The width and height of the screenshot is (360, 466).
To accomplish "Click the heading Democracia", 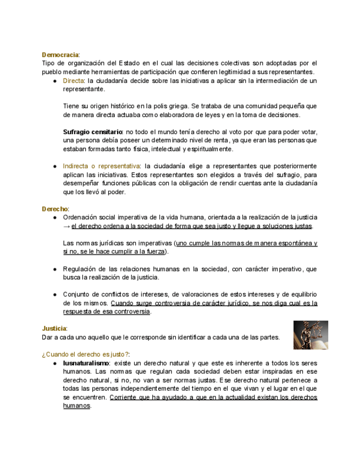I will pyautogui.click(x=60, y=55).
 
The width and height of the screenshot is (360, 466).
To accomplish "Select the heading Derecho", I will pyautogui.click(x=55, y=209).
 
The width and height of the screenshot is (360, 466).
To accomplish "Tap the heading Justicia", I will pyautogui.click(x=54, y=328).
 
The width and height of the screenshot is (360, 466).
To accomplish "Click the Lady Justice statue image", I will pyautogui.click(x=311, y=335).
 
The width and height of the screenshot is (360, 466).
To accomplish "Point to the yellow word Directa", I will pyautogui.click(x=73, y=81).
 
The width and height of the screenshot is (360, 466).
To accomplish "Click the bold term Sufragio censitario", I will pyautogui.click(x=92, y=132).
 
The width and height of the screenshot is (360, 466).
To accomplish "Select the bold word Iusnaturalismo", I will pyautogui.click(x=86, y=363).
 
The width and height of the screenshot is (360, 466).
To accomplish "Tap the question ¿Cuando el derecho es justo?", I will pyautogui.click(x=86, y=354).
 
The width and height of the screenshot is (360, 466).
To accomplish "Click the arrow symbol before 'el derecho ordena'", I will pyautogui.click(x=67, y=226).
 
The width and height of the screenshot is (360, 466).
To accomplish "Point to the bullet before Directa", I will pyautogui.click(x=56, y=81).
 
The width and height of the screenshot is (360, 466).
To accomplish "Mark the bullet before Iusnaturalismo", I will pyautogui.click(x=56, y=363).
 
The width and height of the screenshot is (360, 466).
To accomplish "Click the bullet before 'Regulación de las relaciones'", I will pyautogui.click(x=56, y=269).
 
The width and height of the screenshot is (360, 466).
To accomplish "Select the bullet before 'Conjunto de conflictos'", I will pyautogui.click(x=56, y=295).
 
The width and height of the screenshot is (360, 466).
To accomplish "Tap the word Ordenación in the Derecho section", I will pyautogui.click(x=81, y=218).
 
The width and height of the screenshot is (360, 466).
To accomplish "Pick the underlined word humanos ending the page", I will pyautogui.click(x=76, y=406).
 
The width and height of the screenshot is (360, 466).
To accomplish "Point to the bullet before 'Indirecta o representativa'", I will pyautogui.click(x=56, y=166).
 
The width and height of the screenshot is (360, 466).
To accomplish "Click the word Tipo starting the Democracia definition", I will pyautogui.click(x=48, y=63).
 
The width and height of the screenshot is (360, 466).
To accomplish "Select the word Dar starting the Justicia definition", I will pyautogui.click(x=48, y=337).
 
